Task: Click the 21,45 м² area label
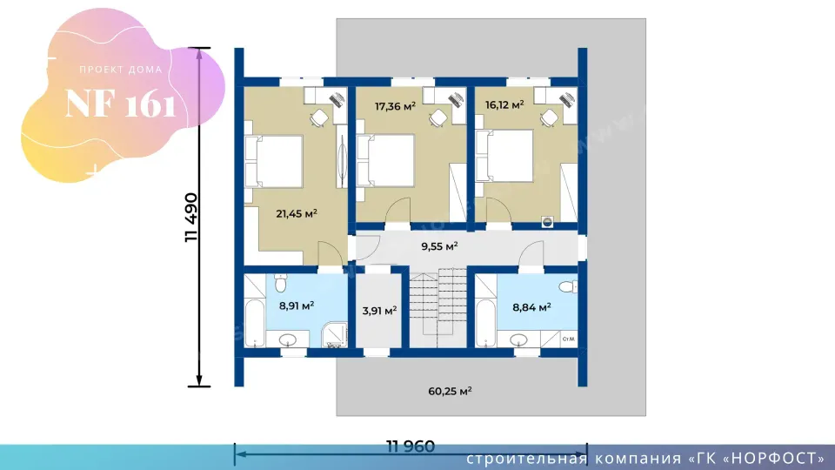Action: pyautogui.click(x=297, y=214)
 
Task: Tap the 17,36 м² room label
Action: pyautogui.click(x=395, y=106)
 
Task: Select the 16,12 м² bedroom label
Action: pyautogui.click(x=504, y=104)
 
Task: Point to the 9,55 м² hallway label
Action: pyautogui.click(x=439, y=246)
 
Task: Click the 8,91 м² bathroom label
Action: pyautogui.click(x=297, y=305)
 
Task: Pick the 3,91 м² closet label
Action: pyautogui.click(x=379, y=310)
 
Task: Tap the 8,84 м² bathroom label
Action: pyautogui.click(x=531, y=307)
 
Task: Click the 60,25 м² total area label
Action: pyautogui.click(x=450, y=391)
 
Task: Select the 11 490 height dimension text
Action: pyautogui.click(x=190, y=218)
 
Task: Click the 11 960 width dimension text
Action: pyautogui.click(x=411, y=446)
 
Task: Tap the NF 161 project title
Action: pyautogui.click(x=120, y=104)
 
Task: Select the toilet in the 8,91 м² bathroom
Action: pyautogui.click(x=281, y=283)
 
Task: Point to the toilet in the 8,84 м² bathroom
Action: pyautogui.click(x=569, y=286)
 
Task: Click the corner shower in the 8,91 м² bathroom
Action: pyautogui.click(x=334, y=334)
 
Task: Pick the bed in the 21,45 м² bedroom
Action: pyautogui.click(x=274, y=161)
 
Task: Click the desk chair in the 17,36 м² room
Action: pyautogui.click(x=438, y=117)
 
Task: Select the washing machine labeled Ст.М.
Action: pyautogui.click(x=568, y=339)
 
